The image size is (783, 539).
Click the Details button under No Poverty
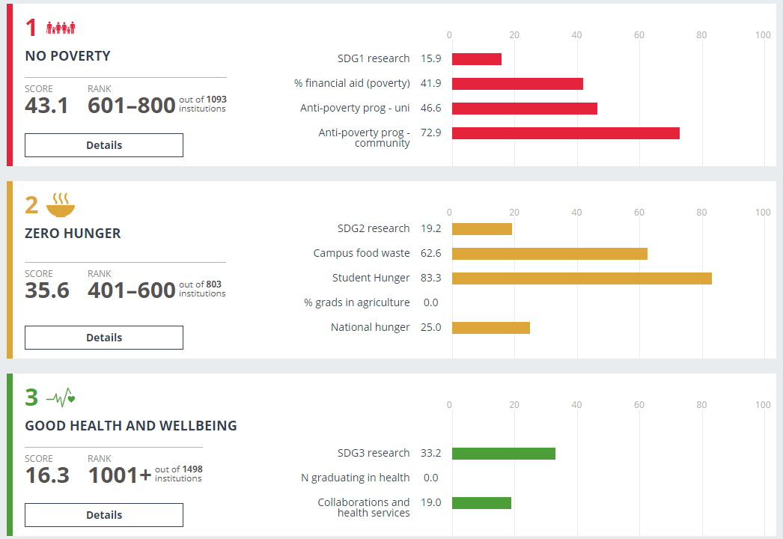pyautogui.click(x=104, y=145)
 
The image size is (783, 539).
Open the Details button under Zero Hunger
pyautogui.click(x=104, y=338)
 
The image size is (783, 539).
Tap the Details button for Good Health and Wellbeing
pyautogui.click(x=104, y=515)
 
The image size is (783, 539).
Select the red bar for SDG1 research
pyautogui.click(x=477, y=59)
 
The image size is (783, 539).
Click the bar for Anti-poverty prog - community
pyautogui.click(x=565, y=133)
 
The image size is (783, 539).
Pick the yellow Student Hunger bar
pyautogui.click(x=582, y=278)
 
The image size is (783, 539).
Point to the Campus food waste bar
pyautogui.click(x=549, y=254)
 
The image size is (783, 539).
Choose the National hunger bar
pyautogui.click(x=491, y=328)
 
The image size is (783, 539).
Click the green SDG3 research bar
pyautogui.click(x=504, y=454)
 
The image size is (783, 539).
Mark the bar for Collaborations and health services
pyautogui.click(x=481, y=503)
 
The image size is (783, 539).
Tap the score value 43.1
pyautogui.click(x=46, y=106)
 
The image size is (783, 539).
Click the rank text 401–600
pyautogui.click(x=132, y=290)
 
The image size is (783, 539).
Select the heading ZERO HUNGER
pyautogui.click(x=73, y=234)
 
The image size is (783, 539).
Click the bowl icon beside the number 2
pyautogui.click(x=61, y=204)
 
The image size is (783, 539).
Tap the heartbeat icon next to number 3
pyautogui.click(x=61, y=397)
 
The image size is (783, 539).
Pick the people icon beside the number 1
pyautogui.click(x=61, y=28)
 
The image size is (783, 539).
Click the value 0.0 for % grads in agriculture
pyautogui.click(x=430, y=303)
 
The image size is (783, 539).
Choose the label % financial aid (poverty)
pyautogui.click(x=352, y=84)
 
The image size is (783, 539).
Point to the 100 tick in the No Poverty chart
pyautogui.click(x=763, y=34)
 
